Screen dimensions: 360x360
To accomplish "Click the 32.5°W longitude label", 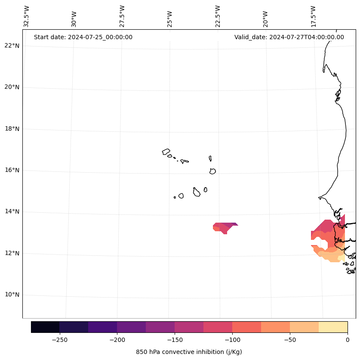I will coord(27,16).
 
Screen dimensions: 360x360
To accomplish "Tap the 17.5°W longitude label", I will coord(313,16).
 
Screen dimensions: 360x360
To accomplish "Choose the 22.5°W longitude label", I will coord(218,16).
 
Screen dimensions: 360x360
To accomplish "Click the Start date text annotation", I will coord(83,37).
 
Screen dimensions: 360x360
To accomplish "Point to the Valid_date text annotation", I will coord(289,37).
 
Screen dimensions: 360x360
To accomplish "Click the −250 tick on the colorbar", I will coord(59,340).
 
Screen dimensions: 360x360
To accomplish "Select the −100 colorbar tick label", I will coord(232,340).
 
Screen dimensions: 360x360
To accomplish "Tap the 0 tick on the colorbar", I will coord(348,340).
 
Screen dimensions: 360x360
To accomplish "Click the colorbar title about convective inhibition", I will coord(189,352).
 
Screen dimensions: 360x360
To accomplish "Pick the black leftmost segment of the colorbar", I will coord(45,327).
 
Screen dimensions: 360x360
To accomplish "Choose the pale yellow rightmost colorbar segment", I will coord(333,327).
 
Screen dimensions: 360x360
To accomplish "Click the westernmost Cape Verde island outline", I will coord(166,152).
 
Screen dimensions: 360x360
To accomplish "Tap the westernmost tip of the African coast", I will coord(319,198).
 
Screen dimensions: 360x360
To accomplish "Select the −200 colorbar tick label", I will coord(117,340).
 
